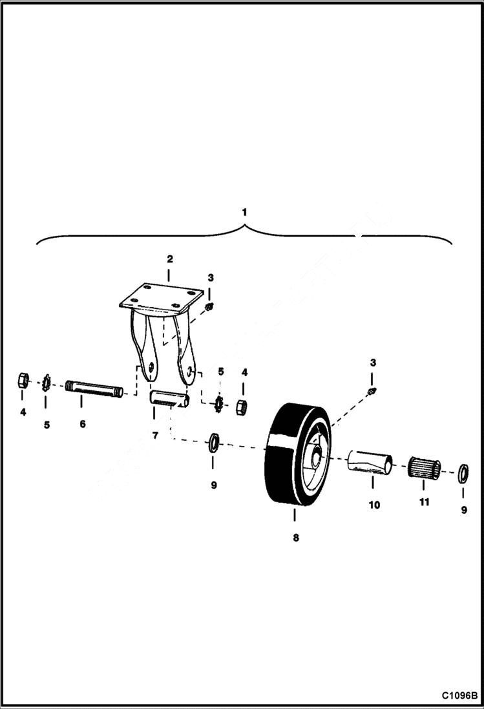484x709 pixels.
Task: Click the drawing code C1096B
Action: click(x=459, y=696)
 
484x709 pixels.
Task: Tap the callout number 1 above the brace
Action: click(x=244, y=211)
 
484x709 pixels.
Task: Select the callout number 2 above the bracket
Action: click(x=169, y=259)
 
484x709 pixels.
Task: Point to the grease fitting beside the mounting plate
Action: click(x=210, y=305)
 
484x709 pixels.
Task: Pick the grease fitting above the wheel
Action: click(x=373, y=391)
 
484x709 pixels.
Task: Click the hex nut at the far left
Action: click(x=23, y=380)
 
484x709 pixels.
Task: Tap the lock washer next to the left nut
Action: click(x=46, y=383)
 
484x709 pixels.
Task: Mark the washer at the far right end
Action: click(x=463, y=472)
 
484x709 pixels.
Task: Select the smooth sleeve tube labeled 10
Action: click(x=370, y=463)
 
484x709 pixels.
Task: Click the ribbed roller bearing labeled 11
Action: click(x=424, y=468)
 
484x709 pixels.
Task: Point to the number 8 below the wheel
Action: click(x=296, y=537)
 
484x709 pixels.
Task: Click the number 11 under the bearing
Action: click(x=424, y=502)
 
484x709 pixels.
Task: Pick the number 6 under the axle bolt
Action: click(x=82, y=424)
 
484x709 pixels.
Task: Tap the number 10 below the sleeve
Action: click(x=374, y=505)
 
